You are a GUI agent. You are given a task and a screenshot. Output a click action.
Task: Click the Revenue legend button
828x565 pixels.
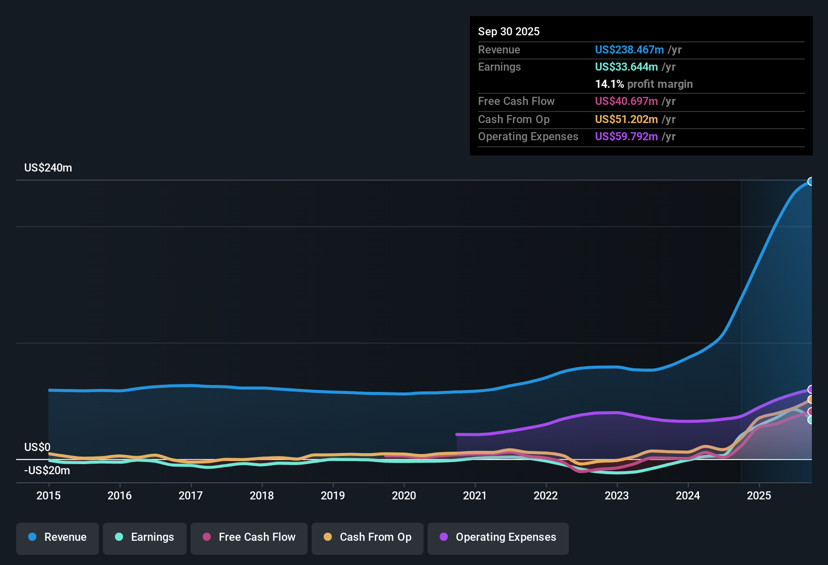57,537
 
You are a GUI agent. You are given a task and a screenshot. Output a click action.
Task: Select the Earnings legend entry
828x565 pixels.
145,537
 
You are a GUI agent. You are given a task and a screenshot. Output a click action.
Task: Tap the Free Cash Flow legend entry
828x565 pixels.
249,537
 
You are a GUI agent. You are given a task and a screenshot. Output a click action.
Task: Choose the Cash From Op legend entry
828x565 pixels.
368,537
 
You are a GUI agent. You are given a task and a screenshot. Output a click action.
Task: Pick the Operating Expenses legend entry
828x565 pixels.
498,537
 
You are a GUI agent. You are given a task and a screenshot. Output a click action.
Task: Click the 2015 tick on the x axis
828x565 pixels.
48,495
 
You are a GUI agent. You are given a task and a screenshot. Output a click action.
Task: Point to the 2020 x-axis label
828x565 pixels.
404,495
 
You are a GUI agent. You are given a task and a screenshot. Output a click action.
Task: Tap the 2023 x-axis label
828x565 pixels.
617,495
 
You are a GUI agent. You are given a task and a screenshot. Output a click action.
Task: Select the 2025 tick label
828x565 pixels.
759,495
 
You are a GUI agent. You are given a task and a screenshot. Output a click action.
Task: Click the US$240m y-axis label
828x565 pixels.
48,168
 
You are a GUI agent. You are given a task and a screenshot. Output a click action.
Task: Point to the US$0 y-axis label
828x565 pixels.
37,447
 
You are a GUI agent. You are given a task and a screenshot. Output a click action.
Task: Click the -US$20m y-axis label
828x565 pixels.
47,471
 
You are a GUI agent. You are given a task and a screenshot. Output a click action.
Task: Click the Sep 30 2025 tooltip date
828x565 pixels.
509,32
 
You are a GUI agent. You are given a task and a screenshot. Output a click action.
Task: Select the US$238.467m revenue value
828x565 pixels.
629,50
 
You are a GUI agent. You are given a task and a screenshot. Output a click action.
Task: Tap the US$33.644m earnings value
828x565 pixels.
626,67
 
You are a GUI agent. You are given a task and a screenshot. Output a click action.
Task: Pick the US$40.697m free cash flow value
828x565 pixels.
626,101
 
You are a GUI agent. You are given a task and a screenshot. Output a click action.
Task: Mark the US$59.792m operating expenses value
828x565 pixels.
626,137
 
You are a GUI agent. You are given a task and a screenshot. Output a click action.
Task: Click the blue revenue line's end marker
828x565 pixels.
811,182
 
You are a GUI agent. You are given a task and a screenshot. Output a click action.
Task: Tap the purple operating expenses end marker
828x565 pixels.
811,389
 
